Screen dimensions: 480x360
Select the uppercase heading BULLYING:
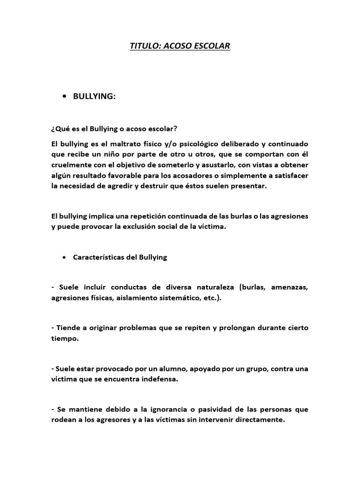coord(94,96)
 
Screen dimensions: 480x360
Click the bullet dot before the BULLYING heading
coord(63,97)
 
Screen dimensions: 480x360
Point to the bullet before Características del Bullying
coord(63,258)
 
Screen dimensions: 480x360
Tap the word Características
coord(98,258)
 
